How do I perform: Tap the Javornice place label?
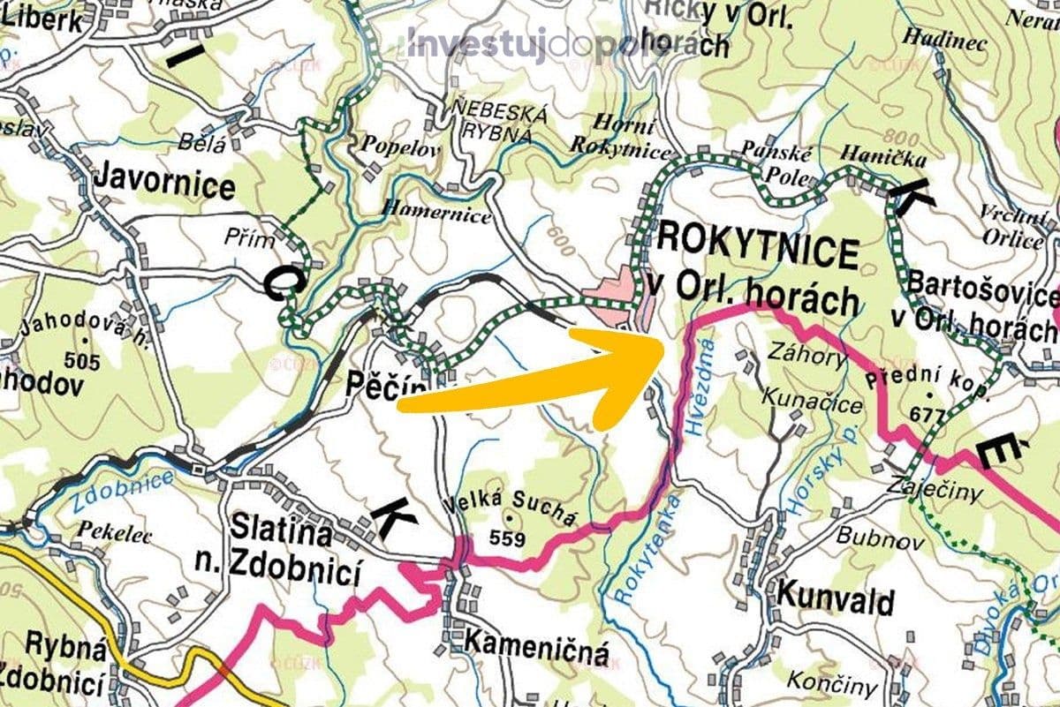pos(164,186)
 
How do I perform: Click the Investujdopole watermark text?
pos(538,43)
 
